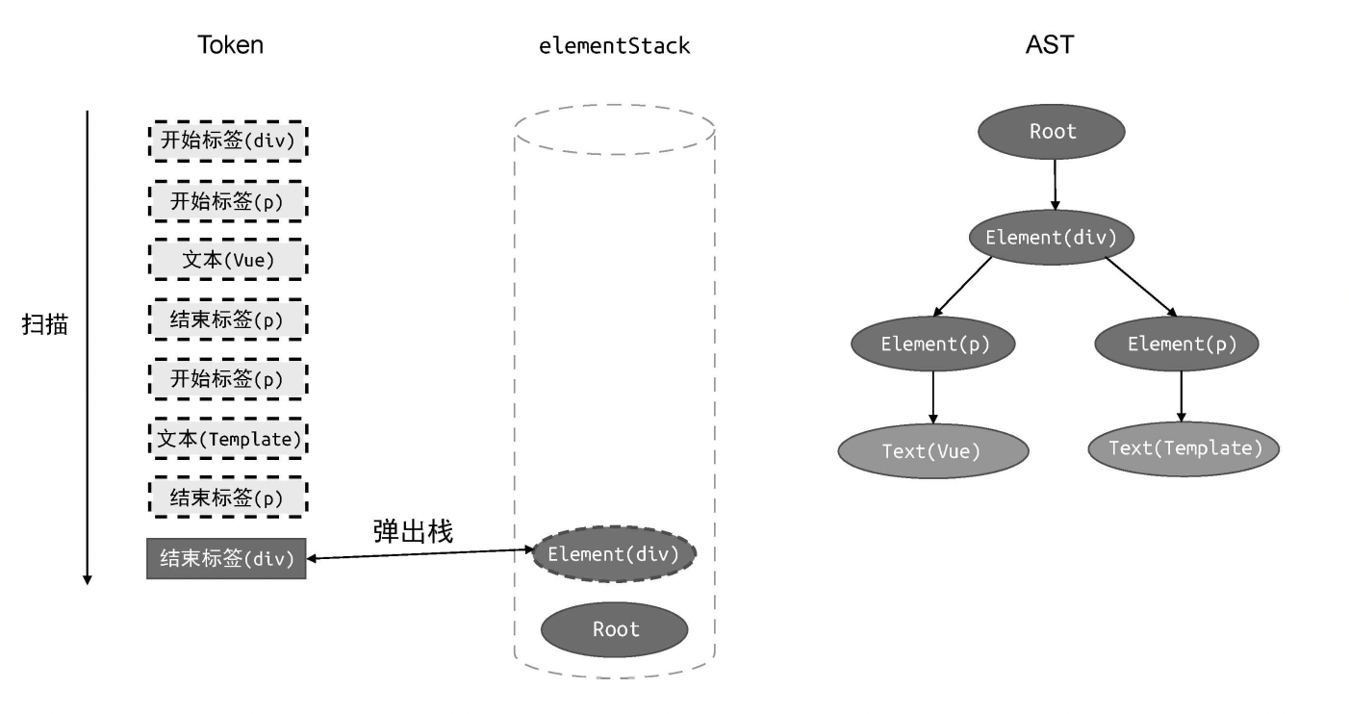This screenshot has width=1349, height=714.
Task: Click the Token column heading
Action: pyautogui.click(x=230, y=45)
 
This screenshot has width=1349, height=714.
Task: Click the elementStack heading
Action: pyautogui.click(x=615, y=45)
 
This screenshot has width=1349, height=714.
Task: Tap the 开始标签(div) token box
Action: pyautogui.click(x=227, y=140)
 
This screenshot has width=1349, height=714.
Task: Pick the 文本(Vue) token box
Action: pyautogui.click(x=227, y=260)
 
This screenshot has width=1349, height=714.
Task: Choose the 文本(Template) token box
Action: pyautogui.click(x=227, y=439)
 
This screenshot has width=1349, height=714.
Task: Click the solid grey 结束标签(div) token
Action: pyautogui.click(x=226, y=559)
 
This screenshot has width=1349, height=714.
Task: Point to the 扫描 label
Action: pyautogui.click(x=45, y=323)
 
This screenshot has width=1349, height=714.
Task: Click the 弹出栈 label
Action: pyautogui.click(x=412, y=530)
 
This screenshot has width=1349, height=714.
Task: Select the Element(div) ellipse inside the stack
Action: pyautogui.click(x=614, y=554)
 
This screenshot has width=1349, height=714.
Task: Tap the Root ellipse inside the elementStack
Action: pyautogui.click(x=615, y=629)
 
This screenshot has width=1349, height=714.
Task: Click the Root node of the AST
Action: pyautogui.click(x=1052, y=132)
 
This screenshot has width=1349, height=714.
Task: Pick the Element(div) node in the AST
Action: pyautogui.click(x=1052, y=237)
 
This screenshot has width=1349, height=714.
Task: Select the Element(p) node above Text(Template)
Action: pyautogui.click(x=1181, y=344)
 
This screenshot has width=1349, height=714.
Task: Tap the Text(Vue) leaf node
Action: pyautogui.click(x=932, y=450)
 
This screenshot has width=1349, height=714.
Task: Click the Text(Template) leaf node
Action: pyautogui.click(x=1184, y=447)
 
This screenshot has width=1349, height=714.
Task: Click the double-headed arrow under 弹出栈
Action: pyautogui.click(x=420, y=554)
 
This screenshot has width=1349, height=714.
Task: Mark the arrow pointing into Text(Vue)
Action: pyautogui.click(x=933, y=396)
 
